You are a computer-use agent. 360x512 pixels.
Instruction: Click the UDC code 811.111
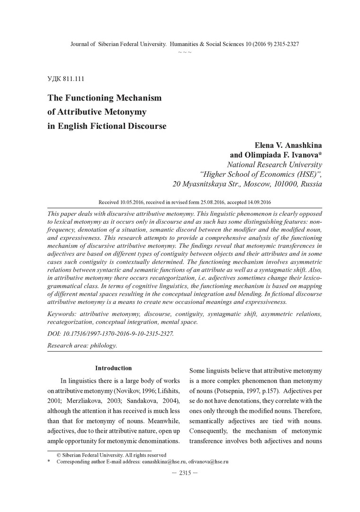click(73, 78)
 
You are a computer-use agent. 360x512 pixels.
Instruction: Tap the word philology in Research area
click(103, 345)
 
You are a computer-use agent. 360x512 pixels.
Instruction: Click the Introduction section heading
click(113, 368)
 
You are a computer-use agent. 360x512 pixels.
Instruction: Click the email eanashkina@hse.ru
click(162, 461)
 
